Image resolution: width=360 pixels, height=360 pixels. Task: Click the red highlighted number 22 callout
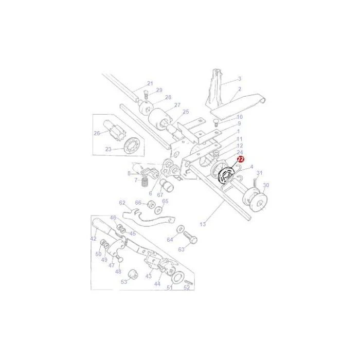(241, 159)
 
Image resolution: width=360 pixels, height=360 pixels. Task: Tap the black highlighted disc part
(226, 176)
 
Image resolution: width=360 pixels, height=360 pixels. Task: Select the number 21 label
(150, 83)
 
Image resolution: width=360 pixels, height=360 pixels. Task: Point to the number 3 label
(240, 79)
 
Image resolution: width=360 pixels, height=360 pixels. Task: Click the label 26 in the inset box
(97, 133)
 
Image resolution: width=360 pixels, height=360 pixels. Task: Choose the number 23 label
(108, 149)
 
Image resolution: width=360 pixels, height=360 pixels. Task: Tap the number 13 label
(203, 224)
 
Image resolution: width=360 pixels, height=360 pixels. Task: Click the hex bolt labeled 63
(191, 238)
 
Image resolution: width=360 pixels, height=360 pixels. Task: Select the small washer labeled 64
(180, 229)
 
